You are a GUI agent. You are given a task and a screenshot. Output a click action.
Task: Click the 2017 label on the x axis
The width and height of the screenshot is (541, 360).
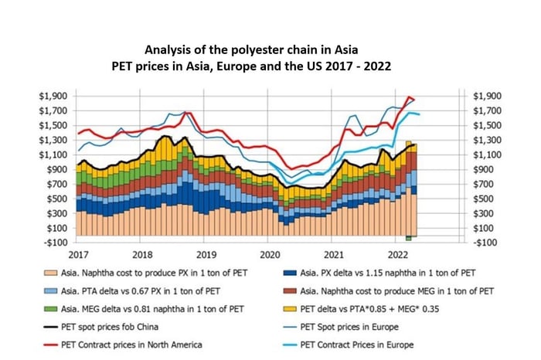tap(79, 254)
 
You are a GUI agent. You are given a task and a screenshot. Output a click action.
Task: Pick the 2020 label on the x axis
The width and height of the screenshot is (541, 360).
tap(270, 254)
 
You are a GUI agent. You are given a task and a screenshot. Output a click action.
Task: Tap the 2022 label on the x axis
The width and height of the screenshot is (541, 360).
tap(397, 254)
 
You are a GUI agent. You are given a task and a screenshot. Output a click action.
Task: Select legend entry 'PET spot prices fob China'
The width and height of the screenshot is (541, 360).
tap(146, 328)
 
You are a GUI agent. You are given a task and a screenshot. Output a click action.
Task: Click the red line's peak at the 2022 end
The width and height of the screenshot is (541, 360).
tap(410, 97)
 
